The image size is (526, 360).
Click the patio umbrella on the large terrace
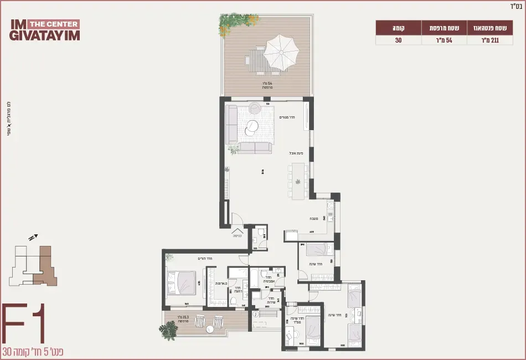[281, 52]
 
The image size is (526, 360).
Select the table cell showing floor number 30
[398, 40]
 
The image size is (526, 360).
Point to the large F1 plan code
[23, 323]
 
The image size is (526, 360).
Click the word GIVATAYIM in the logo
[44, 35]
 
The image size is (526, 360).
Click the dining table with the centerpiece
[298, 181]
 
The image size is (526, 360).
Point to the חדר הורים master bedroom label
[205, 258]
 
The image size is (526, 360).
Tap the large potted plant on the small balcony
[167, 330]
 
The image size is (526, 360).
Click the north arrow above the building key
[32, 236]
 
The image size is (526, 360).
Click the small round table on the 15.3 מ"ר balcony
[210, 330]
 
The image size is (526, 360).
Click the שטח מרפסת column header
[445, 28]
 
